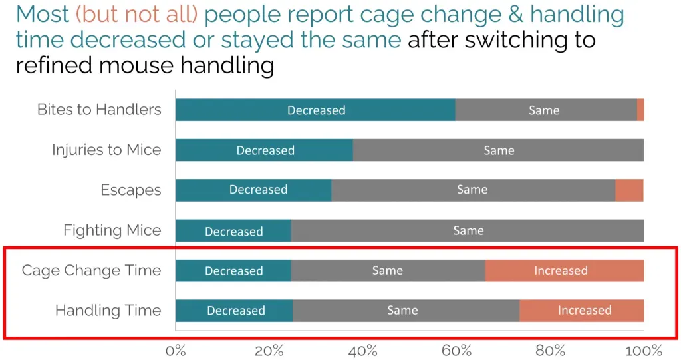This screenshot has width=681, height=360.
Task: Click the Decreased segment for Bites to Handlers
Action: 315,110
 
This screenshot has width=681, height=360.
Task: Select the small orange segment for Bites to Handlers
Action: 640,110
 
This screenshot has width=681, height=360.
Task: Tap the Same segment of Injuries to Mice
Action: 498,150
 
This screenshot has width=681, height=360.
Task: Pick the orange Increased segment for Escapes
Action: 629,190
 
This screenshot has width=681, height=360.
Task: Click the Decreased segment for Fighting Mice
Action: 233,231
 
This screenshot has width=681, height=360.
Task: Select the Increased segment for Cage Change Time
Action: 564,271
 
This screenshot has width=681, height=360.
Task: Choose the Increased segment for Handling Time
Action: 581,311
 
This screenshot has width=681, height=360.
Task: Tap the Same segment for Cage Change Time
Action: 388,271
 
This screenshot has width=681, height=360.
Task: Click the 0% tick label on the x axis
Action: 176,350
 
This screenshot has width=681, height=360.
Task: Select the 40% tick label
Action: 362,350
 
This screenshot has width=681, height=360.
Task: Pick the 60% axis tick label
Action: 456,350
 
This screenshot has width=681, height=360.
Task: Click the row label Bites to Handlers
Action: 99,110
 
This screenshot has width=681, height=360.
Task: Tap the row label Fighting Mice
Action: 112,230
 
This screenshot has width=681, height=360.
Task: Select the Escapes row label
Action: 130,190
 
